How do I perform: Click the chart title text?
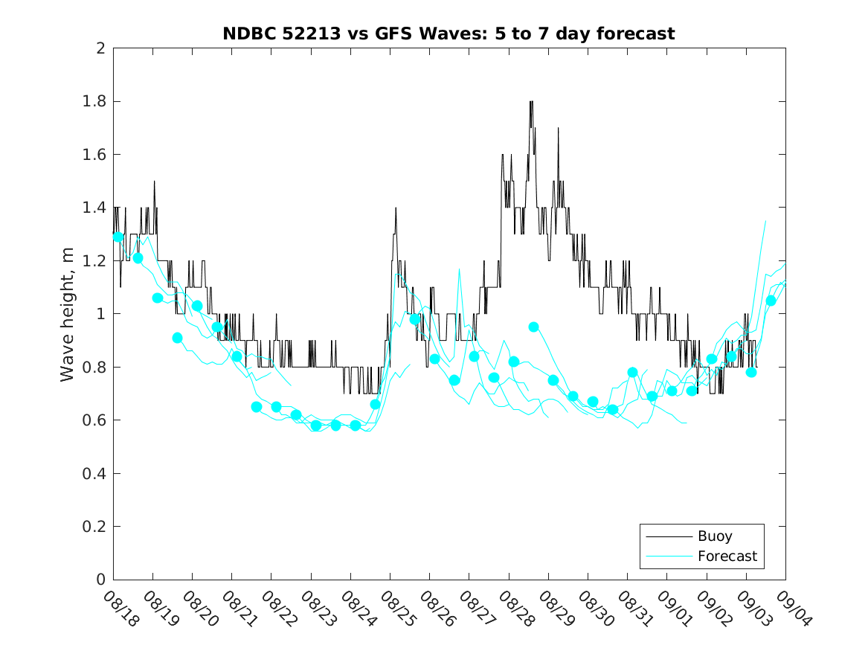[x=449, y=33]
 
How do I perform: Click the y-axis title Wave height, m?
[x=68, y=314]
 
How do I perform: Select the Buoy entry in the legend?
[x=715, y=536]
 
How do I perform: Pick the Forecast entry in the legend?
[x=727, y=556]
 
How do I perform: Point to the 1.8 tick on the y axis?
[x=96, y=101]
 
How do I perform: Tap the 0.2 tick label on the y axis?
[x=96, y=527]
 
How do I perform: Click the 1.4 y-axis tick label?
[x=96, y=208]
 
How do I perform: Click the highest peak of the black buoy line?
[x=531, y=102]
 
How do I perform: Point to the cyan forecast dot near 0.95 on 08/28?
[x=533, y=327]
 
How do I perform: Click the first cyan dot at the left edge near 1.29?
[x=118, y=237]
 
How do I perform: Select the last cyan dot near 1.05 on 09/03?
[x=771, y=301]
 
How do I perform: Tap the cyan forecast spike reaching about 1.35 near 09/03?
[x=765, y=221]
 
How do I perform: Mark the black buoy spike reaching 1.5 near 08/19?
[x=154, y=182]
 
